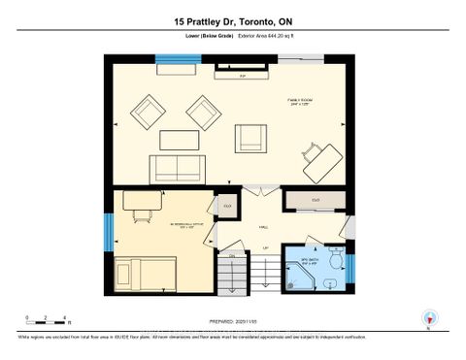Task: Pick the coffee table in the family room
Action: click(179, 139)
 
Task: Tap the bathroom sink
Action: click(331, 283)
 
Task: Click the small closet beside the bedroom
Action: click(227, 206)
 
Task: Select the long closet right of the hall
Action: click(315, 201)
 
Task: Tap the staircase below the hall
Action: click(232, 274)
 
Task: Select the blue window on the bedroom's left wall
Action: click(110, 230)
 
